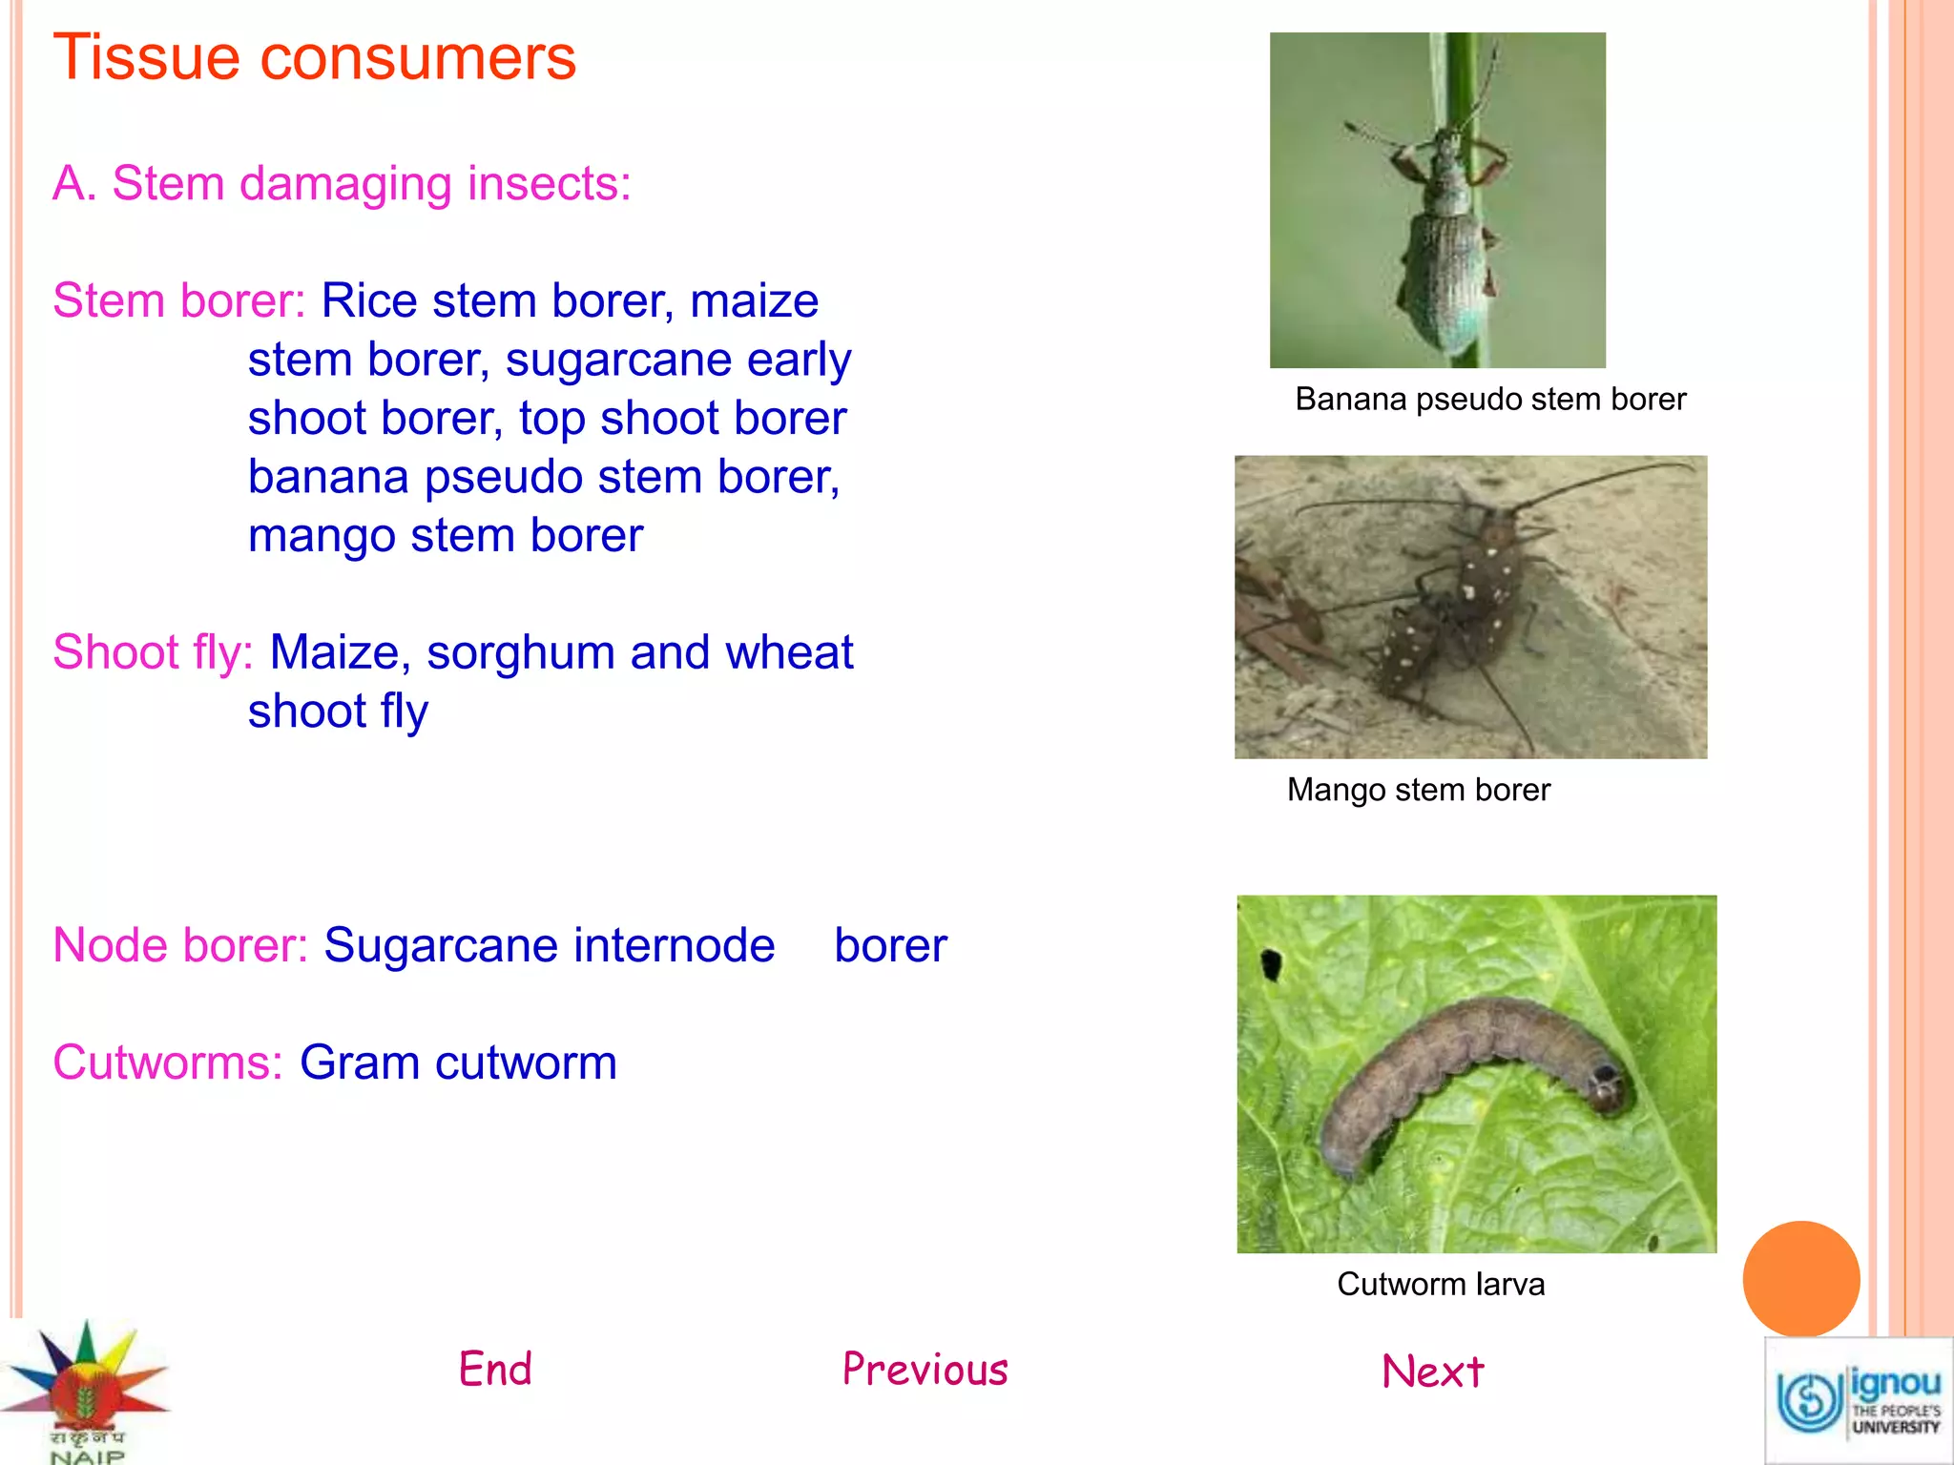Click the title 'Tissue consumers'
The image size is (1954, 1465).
point(315,57)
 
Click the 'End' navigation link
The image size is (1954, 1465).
point(495,1370)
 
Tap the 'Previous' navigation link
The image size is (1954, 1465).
point(925,1370)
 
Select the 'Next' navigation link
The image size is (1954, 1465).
point(1432,1372)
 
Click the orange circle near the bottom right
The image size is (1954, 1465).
point(1800,1279)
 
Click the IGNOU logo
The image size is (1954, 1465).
point(1858,1400)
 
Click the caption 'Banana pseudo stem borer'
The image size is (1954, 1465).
point(1489,399)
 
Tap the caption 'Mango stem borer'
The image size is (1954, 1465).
point(1418,790)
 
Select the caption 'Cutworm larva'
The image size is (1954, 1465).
point(1440,1284)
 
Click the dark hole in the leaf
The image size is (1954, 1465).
point(1271,963)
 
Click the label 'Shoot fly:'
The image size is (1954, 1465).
point(153,653)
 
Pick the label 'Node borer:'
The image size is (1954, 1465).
point(180,946)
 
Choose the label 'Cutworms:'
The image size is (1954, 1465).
point(168,1063)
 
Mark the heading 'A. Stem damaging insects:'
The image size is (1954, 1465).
point(342,183)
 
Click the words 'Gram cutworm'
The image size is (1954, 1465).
point(458,1063)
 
